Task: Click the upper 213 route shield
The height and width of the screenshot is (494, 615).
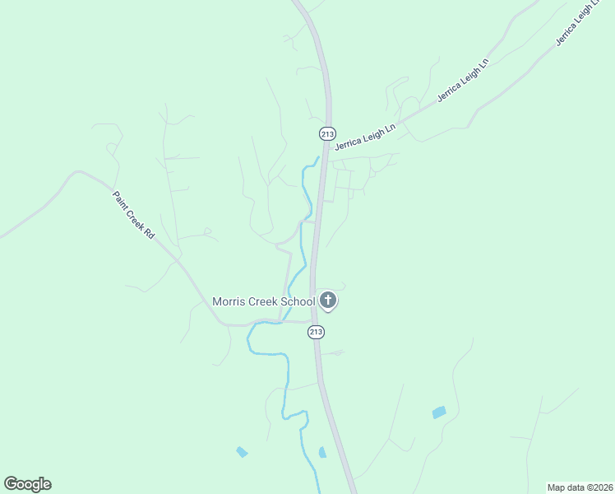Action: tap(327, 133)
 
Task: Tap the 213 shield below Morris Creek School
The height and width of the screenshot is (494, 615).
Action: tap(317, 331)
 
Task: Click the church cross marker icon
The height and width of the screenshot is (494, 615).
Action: tap(328, 301)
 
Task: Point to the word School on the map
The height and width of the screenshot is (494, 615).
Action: tap(298, 301)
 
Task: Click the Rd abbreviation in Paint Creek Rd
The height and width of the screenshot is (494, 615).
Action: tap(149, 234)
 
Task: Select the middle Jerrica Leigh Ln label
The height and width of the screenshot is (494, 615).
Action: tap(463, 80)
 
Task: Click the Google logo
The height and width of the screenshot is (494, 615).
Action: tap(27, 484)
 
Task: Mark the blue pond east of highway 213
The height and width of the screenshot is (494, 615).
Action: tap(439, 412)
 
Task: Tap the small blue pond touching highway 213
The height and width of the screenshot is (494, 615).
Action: tap(322, 452)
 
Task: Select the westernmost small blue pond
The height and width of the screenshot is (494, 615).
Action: tap(242, 452)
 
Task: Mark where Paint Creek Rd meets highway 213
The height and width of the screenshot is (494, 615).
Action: tap(313, 321)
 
